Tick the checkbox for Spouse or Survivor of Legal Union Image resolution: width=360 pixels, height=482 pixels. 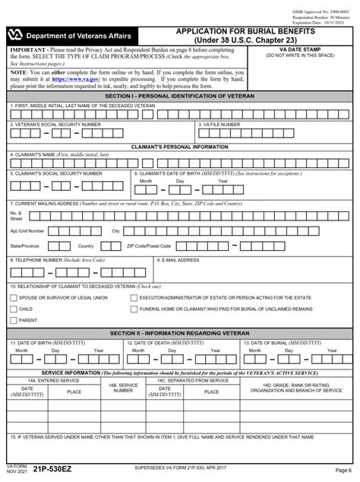coord(13,298)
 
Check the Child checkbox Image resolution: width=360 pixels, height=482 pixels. coord(13,309)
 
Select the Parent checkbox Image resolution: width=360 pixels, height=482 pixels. coord(13,321)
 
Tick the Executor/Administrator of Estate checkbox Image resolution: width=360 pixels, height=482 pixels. coord(134,298)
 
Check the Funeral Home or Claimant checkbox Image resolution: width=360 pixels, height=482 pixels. coord(134,309)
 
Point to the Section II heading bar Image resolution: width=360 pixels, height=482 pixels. coord(180,333)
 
